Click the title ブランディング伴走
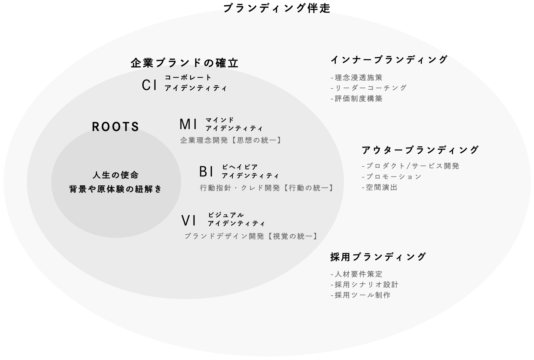pyautogui.click(x=277, y=8)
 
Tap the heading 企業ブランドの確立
pyautogui.click(x=185, y=63)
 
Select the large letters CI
pyautogui.click(x=149, y=85)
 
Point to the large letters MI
pyautogui.click(x=188, y=124)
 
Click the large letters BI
pyautogui.click(x=207, y=171)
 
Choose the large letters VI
pyautogui.click(x=189, y=220)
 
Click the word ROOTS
pyautogui.click(x=116, y=127)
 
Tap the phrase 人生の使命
pyautogui.click(x=116, y=175)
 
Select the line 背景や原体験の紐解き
pyautogui.click(x=116, y=189)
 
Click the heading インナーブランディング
pyautogui.click(x=389, y=60)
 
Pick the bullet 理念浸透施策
pyautogui.click(x=357, y=78)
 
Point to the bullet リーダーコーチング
pyautogui.click(x=369, y=88)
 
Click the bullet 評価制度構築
pyautogui.click(x=357, y=99)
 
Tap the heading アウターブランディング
pyautogui.click(x=420, y=150)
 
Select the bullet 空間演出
pyautogui.click(x=380, y=188)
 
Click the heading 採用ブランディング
pyautogui.click(x=378, y=257)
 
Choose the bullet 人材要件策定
pyautogui.click(x=357, y=274)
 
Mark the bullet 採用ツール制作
pyautogui.click(x=361, y=295)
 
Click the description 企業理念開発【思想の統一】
pyautogui.click(x=231, y=140)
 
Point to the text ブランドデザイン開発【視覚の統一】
pyautogui.click(x=251, y=236)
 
